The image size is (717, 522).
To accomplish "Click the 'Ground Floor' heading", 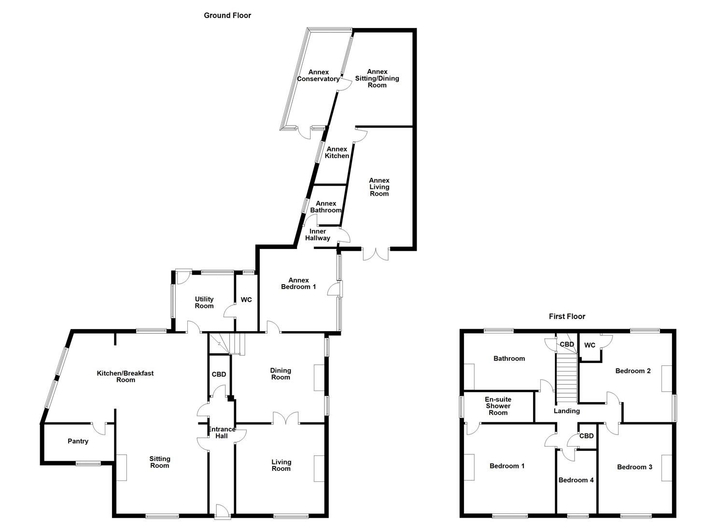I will [x=227, y=15].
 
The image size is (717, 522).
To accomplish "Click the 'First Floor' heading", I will [x=566, y=317].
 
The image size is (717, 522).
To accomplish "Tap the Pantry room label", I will [x=78, y=441].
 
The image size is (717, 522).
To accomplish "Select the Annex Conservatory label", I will [x=318, y=76].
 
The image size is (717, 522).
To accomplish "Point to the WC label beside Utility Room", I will [x=246, y=300].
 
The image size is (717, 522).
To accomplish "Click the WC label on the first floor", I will [x=590, y=345].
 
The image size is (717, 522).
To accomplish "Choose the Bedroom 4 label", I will [x=576, y=480].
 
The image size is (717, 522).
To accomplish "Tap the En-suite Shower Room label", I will [x=498, y=406].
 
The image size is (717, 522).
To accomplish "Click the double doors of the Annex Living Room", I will [x=376, y=253].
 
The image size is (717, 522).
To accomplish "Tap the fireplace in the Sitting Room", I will [x=121, y=467].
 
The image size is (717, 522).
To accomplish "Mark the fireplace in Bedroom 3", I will [x=666, y=468].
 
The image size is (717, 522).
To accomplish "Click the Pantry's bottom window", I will [x=88, y=464].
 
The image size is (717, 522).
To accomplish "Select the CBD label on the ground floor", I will [x=219, y=374].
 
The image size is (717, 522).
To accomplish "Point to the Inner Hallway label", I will [x=317, y=234].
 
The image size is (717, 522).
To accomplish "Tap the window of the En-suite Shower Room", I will [x=461, y=406].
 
